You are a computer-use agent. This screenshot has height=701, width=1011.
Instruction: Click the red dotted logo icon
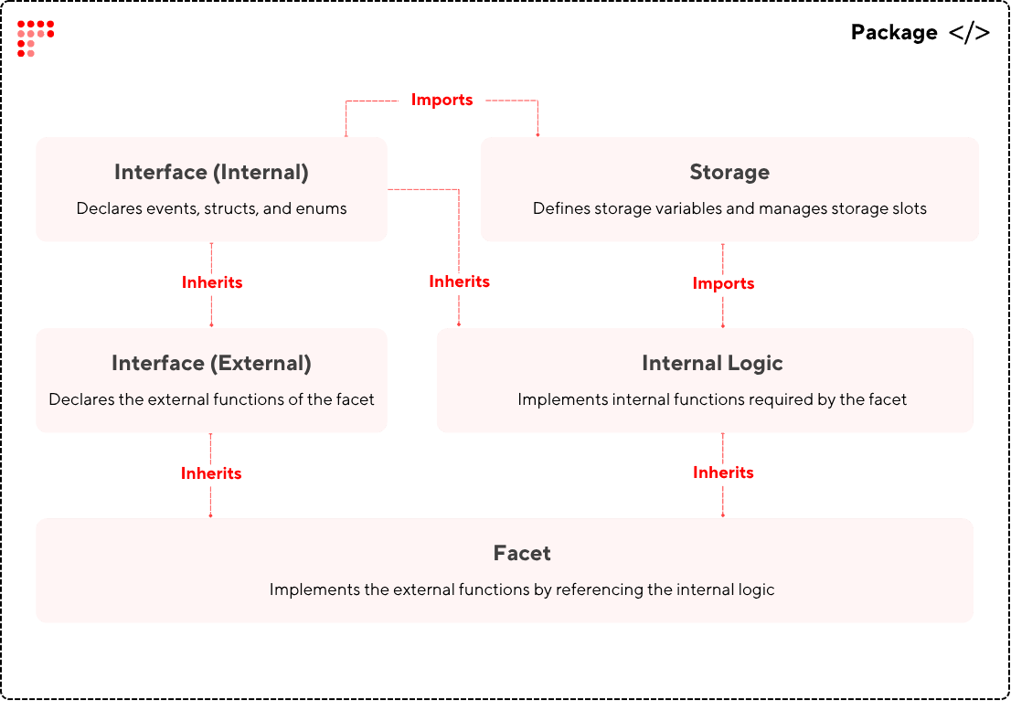[x=36, y=38]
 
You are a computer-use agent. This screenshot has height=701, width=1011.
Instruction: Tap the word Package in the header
[x=893, y=33]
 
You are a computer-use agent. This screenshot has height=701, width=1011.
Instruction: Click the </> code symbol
[x=969, y=33]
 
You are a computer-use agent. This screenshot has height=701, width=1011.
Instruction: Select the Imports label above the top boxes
[x=442, y=100]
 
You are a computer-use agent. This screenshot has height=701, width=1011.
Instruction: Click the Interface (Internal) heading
[x=211, y=172]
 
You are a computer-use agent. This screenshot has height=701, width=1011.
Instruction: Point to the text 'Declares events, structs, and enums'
[x=211, y=208]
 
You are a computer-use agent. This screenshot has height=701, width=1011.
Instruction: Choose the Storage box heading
[x=729, y=172]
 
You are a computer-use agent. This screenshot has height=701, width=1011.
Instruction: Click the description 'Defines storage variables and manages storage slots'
[x=729, y=208]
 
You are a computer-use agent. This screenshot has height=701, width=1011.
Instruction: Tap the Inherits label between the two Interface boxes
[x=212, y=282]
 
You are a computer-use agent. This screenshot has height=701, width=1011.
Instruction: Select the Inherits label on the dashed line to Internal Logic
[x=459, y=281]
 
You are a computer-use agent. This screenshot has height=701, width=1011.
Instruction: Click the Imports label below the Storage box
[x=723, y=283]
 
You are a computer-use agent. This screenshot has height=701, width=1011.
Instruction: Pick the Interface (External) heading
[x=211, y=363]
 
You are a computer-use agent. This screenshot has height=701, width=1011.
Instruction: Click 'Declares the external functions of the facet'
[x=211, y=399]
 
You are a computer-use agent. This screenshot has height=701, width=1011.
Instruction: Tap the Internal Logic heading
[x=712, y=363]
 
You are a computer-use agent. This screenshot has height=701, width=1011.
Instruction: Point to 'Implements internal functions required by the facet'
[x=712, y=399]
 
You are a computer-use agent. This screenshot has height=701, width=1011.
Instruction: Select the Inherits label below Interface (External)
[x=211, y=473]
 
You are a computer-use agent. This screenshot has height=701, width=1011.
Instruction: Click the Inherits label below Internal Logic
[x=723, y=473]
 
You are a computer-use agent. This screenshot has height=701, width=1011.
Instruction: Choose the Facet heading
[x=522, y=553]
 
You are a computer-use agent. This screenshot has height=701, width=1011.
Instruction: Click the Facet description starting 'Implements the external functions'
[x=522, y=589]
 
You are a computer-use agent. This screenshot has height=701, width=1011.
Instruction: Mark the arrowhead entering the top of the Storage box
[x=537, y=134]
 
